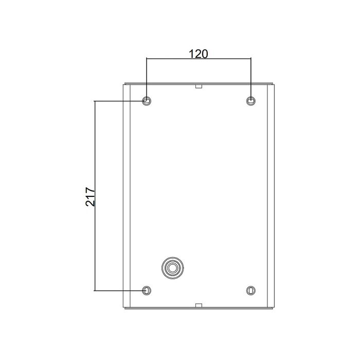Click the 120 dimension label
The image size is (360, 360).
[199, 54]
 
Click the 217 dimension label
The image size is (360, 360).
[90, 197]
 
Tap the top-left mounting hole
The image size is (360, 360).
[146, 101]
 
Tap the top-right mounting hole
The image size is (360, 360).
[251, 101]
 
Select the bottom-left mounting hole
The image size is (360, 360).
[146, 291]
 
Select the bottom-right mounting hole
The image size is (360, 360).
[251, 291]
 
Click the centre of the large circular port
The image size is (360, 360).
[172, 268]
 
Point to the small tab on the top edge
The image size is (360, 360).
[199, 86]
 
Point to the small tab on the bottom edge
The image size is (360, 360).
[199, 305]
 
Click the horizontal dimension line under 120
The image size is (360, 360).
[199, 59]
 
